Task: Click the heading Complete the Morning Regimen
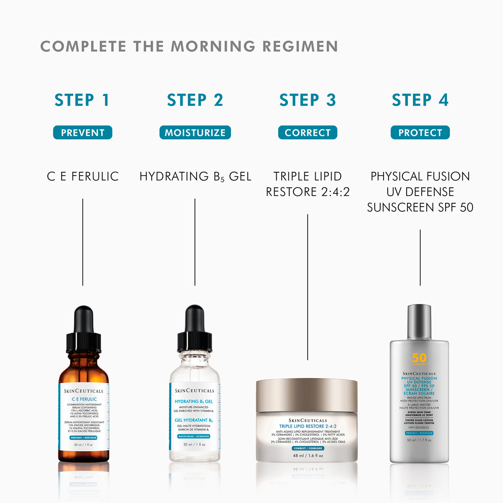(x=189, y=47)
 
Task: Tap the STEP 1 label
(x=82, y=100)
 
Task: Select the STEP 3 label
(x=308, y=100)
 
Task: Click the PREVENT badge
(x=83, y=132)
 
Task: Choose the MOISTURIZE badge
(x=195, y=132)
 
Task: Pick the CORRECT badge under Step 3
(x=308, y=132)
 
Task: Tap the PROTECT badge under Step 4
(x=420, y=132)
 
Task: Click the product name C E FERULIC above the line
(x=83, y=176)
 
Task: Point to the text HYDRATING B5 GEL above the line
(x=195, y=176)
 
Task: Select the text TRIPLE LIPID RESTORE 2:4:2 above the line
(x=308, y=184)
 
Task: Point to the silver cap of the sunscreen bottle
(x=419, y=322)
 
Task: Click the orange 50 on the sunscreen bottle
(x=419, y=358)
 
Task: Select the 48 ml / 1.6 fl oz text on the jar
(x=308, y=456)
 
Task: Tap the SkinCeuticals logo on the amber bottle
(x=84, y=391)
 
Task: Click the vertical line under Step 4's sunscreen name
(x=420, y=257)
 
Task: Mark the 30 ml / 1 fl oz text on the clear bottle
(x=194, y=444)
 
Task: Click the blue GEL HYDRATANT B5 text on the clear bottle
(x=194, y=420)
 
